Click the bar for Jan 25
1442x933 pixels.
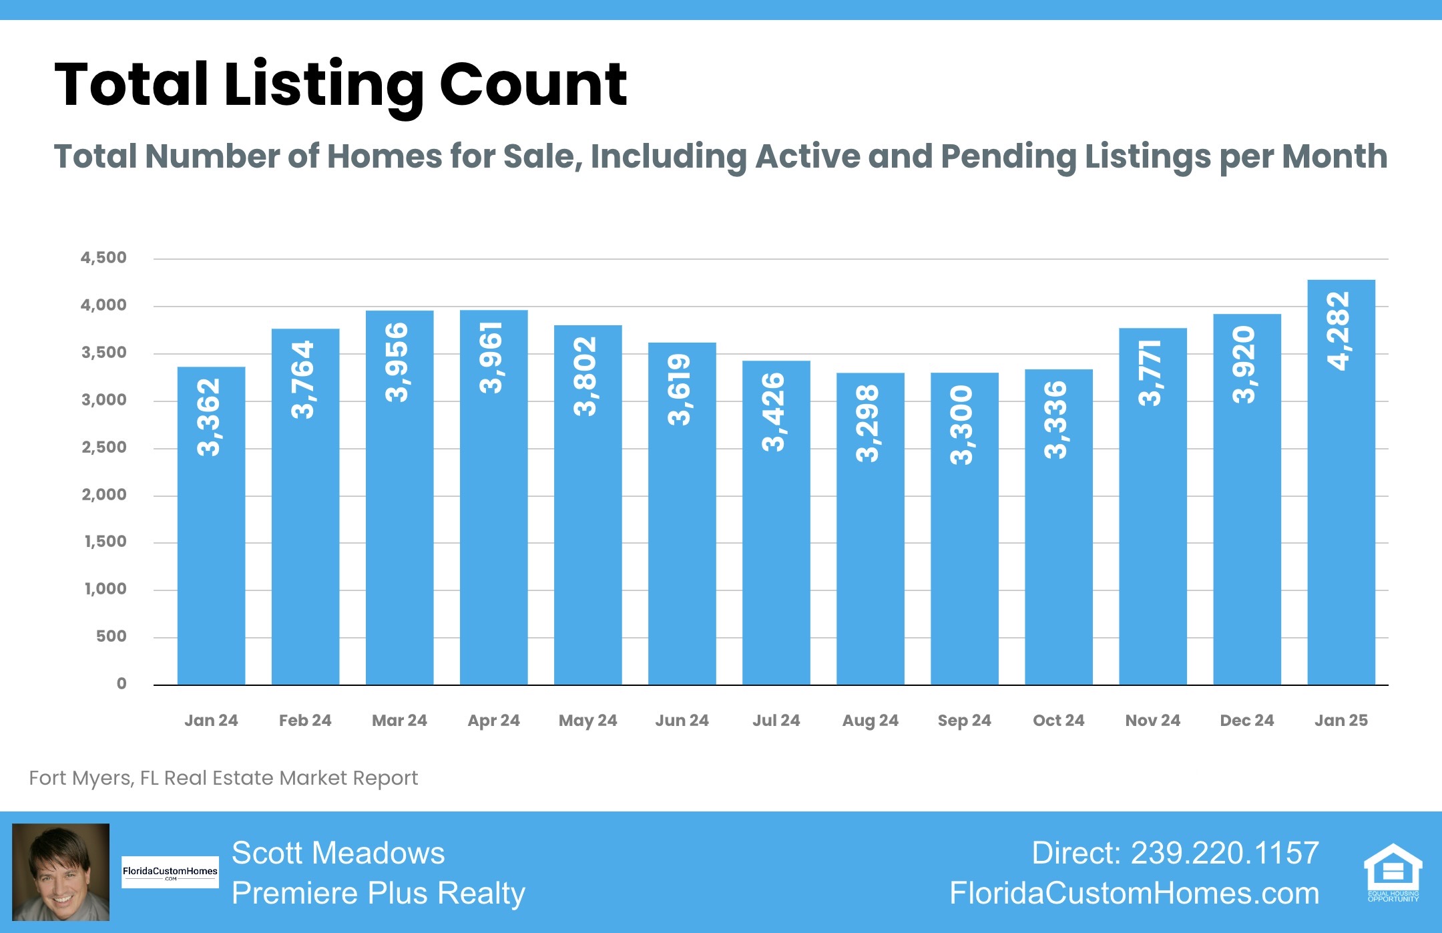tap(1341, 482)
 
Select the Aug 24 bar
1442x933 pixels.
tap(870, 529)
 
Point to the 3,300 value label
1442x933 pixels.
tap(962, 425)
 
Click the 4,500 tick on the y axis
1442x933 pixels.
tap(103, 258)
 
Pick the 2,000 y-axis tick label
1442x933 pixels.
tap(104, 495)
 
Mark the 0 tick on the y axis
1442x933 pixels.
tap(122, 684)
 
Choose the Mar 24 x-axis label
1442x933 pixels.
tap(399, 721)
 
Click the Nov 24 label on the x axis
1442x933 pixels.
tap(1153, 721)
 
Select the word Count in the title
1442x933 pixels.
tap(533, 85)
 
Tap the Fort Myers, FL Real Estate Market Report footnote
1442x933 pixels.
tap(224, 778)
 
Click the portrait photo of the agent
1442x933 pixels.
tap(61, 872)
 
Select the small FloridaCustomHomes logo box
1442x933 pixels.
tap(170, 872)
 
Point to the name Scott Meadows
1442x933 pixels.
tap(338, 853)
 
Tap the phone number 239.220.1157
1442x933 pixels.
tap(1225, 853)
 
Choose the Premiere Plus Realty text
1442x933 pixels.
tap(379, 894)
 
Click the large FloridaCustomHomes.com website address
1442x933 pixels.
tap(1134, 894)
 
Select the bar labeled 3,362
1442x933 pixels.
tap(211, 526)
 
